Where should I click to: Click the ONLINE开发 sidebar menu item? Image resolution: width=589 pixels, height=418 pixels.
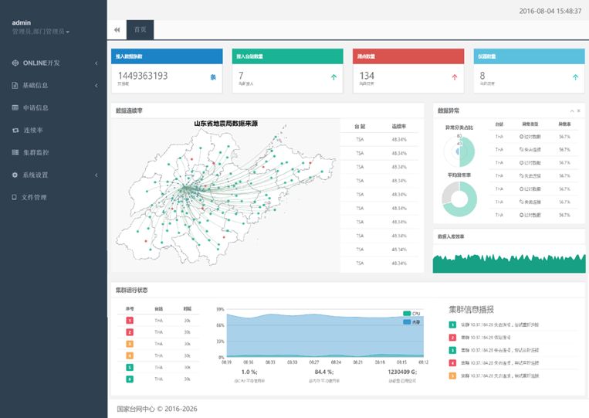point(40,63)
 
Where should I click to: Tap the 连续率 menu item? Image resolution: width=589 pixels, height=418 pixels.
point(32,130)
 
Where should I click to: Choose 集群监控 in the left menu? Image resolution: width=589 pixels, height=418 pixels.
point(36,152)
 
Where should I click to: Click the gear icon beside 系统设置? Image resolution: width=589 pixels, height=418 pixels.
point(15,175)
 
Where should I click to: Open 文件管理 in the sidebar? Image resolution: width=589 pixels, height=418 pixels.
point(34,197)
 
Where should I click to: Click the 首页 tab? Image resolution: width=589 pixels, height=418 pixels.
point(140,29)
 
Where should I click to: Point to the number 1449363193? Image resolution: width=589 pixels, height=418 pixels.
point(143,76)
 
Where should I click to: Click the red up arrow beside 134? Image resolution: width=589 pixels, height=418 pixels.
point(454,76)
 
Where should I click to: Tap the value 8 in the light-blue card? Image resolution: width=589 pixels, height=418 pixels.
point(482,76)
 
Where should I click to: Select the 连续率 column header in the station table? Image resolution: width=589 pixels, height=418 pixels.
point(398,125)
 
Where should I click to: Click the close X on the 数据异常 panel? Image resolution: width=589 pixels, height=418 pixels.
point(579,111)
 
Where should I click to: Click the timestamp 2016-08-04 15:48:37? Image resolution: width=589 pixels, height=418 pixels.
point(550,11)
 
